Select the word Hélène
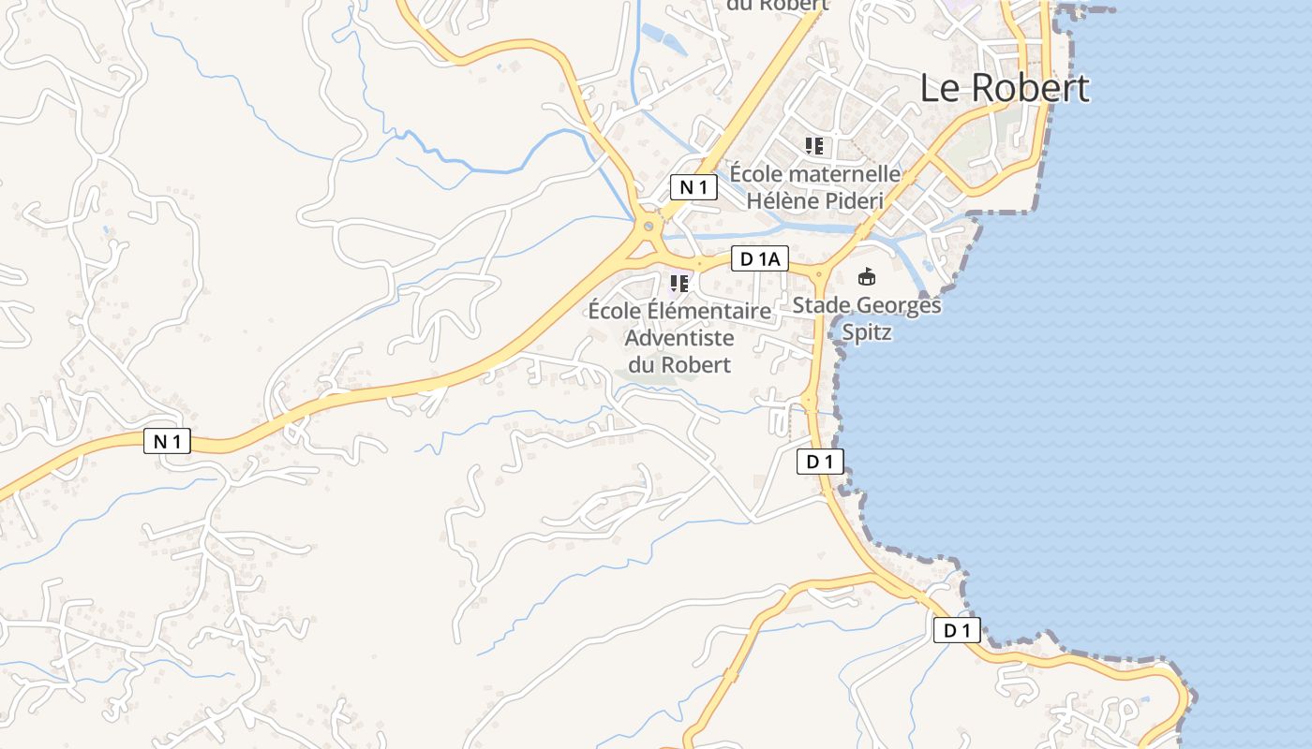(782, 200)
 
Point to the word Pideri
(853, 200)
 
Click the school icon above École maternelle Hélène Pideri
(813, 145)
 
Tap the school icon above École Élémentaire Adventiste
(679, 283)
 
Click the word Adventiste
(678, 337)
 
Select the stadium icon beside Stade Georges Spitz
(867, 276)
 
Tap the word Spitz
(867, 332)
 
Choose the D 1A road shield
(759, 259)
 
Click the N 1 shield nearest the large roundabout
(693, 187)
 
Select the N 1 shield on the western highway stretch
(167, 441)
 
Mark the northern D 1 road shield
(820, 461)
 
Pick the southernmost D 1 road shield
(957, 630)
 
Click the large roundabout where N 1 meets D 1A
(648, 226)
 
